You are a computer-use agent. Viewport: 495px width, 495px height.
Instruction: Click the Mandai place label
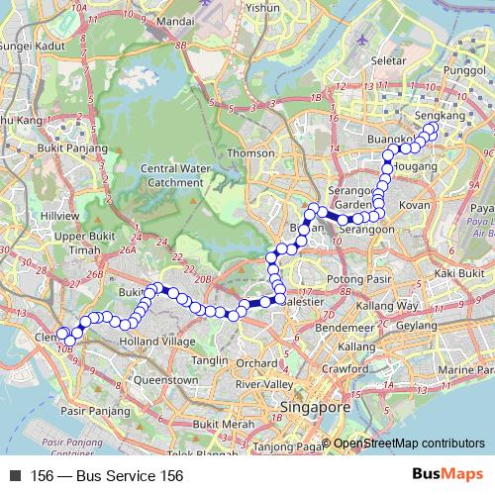click(x=174, y=19)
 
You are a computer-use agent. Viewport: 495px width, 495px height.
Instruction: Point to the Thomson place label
click(x=251, y=153)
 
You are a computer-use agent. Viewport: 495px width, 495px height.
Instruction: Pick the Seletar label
click(x=382, y=60)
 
